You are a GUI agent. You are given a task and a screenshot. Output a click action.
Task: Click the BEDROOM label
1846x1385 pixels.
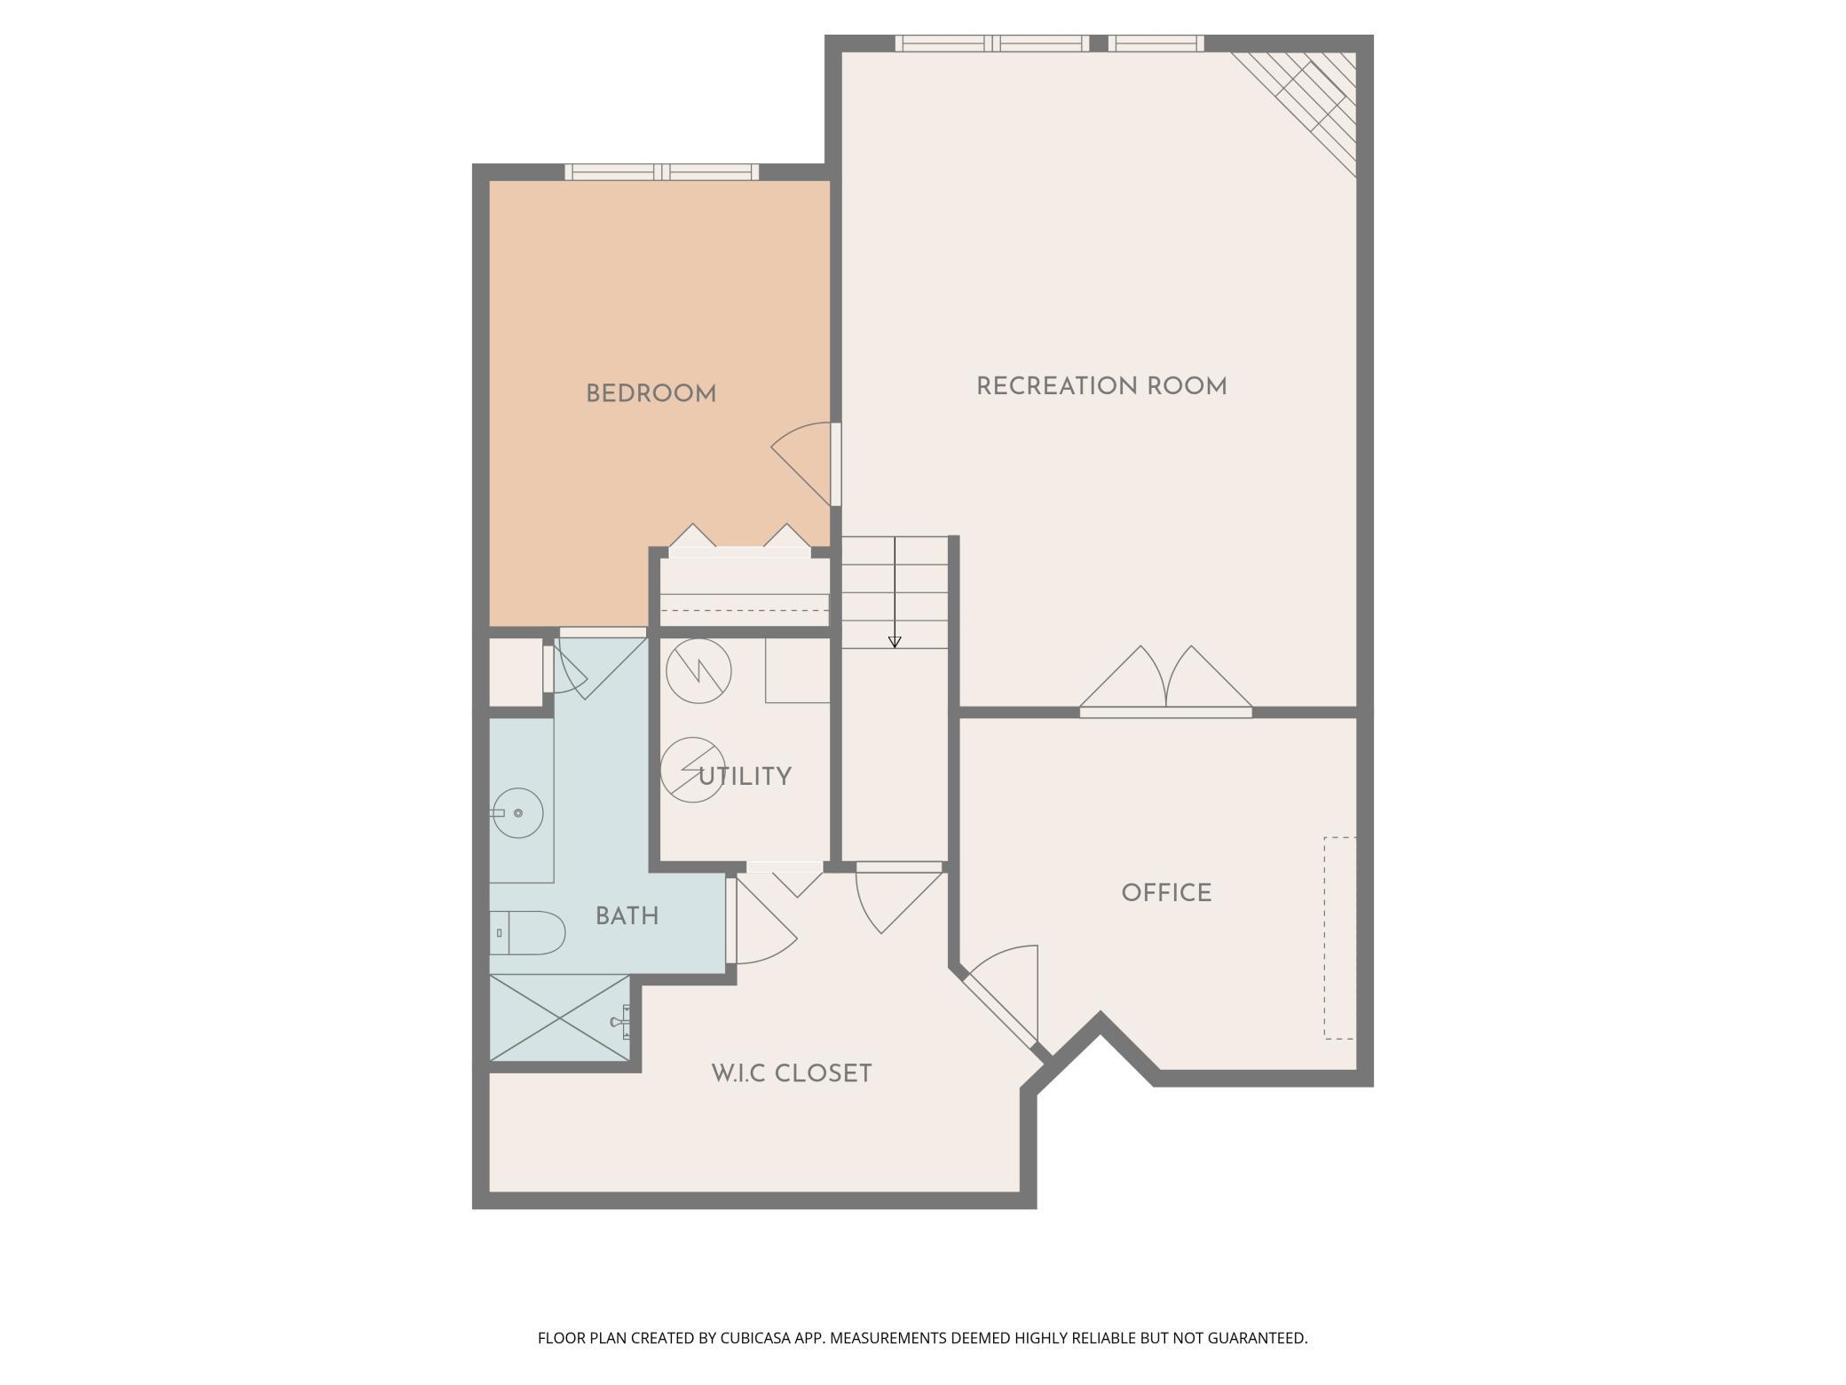point(651,394)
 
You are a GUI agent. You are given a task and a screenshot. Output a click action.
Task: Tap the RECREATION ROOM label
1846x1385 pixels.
point(1100,387)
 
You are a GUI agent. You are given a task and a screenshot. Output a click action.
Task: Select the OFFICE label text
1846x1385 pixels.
point(1165,893)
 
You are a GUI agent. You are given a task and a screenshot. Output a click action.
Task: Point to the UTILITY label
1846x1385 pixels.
point(745,777)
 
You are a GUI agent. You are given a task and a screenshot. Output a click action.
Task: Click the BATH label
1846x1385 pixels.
point(627,916)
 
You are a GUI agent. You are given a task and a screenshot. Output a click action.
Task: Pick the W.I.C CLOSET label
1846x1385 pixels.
point(791,1074)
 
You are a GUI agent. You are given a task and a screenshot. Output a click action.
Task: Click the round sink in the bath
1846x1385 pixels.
point(518,812)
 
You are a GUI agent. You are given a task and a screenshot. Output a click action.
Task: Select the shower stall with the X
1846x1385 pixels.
point(559,1017)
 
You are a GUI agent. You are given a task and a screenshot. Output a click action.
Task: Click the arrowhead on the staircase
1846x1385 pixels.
point(895,641)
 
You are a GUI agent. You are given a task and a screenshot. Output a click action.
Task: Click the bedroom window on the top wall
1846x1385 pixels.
point(662,172)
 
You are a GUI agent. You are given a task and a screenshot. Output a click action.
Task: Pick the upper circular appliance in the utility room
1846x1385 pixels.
point(698,671)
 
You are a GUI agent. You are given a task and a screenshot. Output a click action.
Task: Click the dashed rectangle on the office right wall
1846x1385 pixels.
point(1340,938)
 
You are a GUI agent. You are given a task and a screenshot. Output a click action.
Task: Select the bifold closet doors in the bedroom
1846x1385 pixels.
point(739,542)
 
